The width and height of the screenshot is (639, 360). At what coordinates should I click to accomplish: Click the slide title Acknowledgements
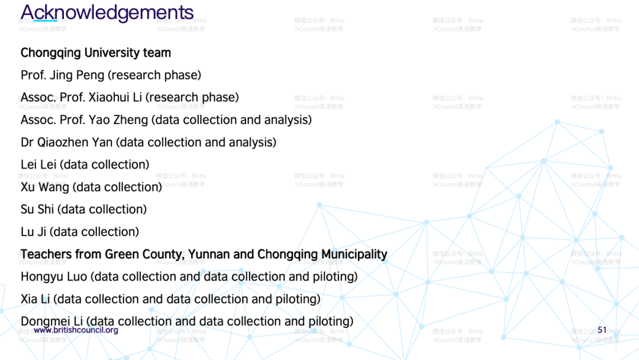107,12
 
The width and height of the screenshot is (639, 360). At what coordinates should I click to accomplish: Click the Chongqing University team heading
96,53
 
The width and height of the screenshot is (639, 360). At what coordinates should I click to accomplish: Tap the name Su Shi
37,209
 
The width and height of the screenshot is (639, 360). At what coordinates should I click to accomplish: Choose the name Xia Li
35,299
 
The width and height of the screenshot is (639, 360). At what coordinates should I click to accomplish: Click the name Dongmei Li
51,322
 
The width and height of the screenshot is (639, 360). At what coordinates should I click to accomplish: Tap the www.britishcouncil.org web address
76,330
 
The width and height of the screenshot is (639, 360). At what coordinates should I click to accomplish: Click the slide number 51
602,330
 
